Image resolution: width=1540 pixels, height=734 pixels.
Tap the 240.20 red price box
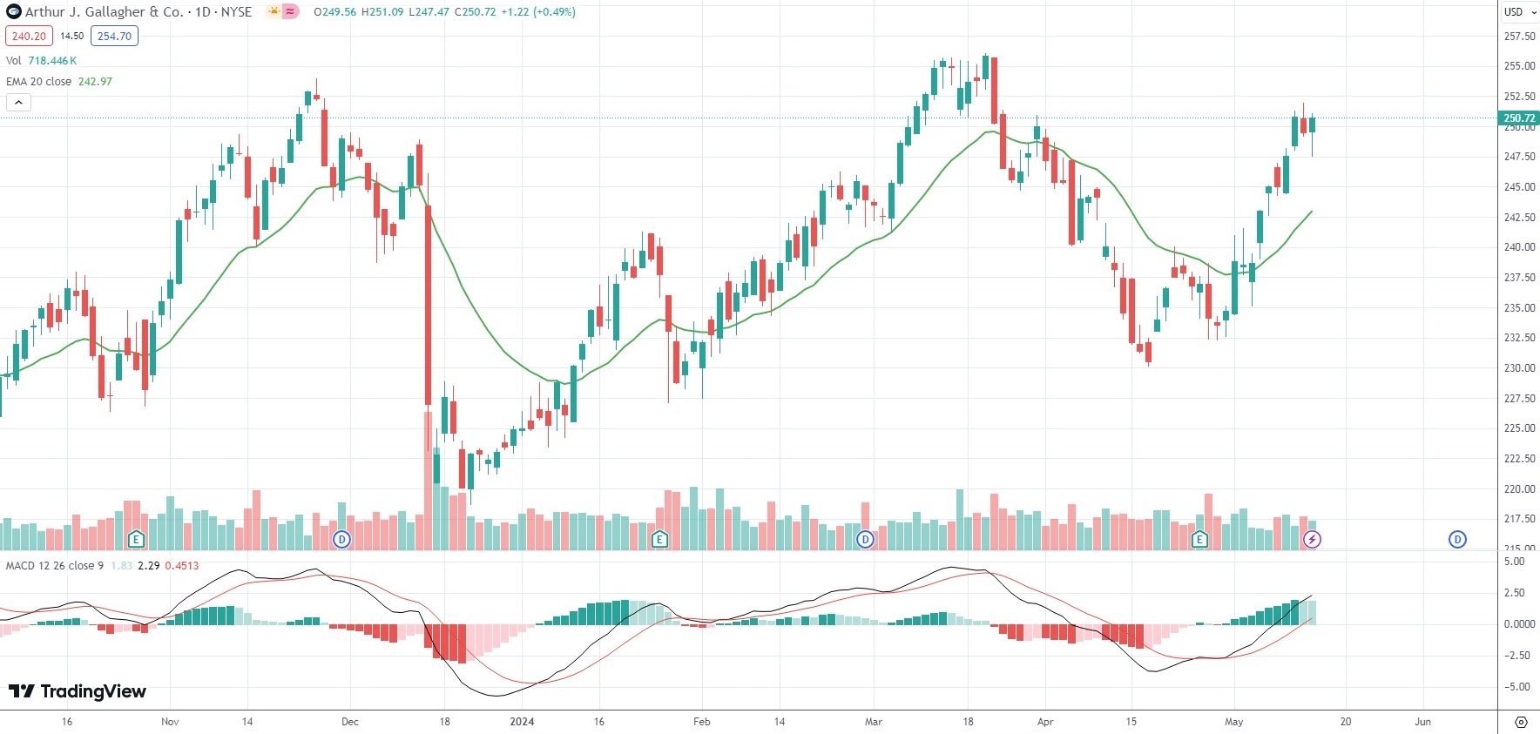tap(29, 37)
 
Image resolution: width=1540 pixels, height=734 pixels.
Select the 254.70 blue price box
tap(114, 37)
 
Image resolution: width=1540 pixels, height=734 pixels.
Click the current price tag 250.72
tap(1518, 118)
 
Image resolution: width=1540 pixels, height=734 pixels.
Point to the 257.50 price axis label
tap(1519, 37)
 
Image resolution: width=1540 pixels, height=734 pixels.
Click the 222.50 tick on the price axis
tap(1519, 459)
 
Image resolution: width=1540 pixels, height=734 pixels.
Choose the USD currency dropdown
tap(1519, 12)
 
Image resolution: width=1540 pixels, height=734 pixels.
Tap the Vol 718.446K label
tap(41, 61)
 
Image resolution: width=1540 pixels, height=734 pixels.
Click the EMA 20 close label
tap(39, 82)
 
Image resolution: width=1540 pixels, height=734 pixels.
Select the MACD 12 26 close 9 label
tap(55, 566)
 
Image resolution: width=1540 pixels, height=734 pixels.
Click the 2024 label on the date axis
tap(522, 722)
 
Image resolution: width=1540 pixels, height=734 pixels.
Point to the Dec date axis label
tap(350, 722)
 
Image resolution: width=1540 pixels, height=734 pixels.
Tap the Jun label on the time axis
tap(1422, 722)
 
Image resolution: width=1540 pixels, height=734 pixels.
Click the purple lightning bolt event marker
tap(1312, 540)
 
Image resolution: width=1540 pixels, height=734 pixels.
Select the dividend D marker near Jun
tap(1457, 540)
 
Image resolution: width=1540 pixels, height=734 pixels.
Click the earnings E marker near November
tap(136, 540)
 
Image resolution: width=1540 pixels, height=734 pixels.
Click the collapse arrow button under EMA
tap(18, 103)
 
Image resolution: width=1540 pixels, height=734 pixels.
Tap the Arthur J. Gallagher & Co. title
tap(104, 12)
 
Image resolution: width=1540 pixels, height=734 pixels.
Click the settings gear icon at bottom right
tap(1521, 722)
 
